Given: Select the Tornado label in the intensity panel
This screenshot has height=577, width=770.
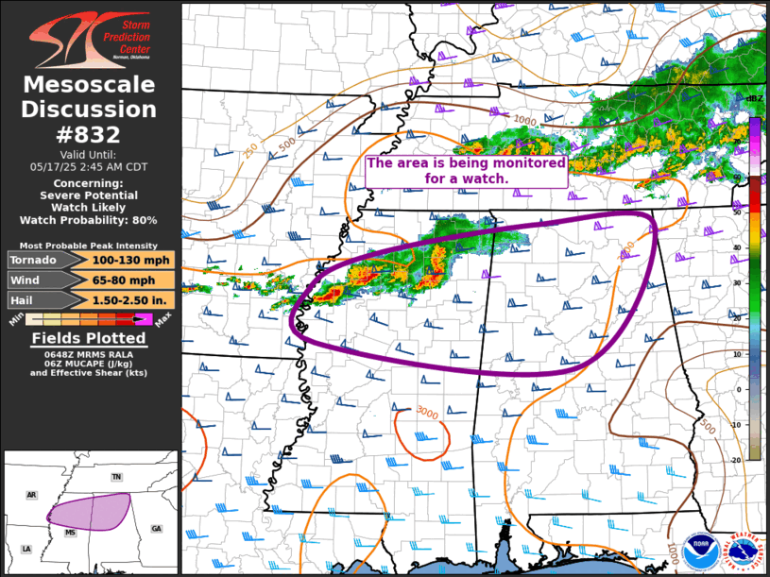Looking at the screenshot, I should pyautogui.click(x=36, y=260).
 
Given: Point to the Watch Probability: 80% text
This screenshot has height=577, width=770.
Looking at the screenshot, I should pyautogui.click(x=90, y=219).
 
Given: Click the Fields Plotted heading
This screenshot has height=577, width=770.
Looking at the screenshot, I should pyautogui.click(x=89, y=338).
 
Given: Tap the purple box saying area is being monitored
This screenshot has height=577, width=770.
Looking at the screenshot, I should pyautogui.click(x=466, y=170).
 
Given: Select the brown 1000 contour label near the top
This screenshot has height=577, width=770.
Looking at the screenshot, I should pyautogui.click(x=524, y=121).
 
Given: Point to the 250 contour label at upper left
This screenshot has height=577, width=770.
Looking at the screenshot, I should pyautogui.click(x=250, y=150).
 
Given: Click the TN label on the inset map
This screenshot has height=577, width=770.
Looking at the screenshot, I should pyautogui.click(x=116, y=477).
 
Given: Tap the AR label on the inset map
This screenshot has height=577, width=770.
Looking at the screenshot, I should pyautogui.click(x=31, y=494).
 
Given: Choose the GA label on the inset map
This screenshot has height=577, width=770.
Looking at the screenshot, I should pyautogui.click(x=156, y=528).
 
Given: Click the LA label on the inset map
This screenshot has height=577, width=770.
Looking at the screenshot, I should pyautogui.click(x=26, y=549).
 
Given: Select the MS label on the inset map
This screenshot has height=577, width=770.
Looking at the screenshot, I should pyautogui.click(x=70, y=533).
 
